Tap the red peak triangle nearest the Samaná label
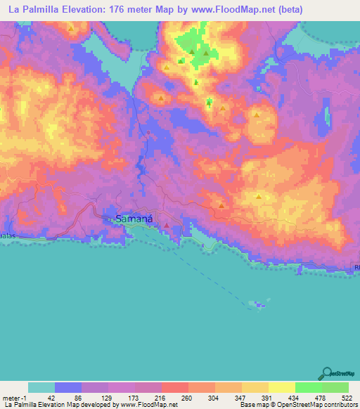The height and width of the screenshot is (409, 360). click(167, 226)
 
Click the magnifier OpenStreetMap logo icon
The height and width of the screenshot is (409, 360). click(326, 374)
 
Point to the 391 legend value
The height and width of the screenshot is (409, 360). click(269, 398)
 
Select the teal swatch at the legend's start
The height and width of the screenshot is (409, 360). click(41, 388)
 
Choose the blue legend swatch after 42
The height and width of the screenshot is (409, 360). click(68, 388)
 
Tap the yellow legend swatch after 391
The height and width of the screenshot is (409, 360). click(282, 388)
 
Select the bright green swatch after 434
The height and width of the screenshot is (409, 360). click(309, 388)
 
